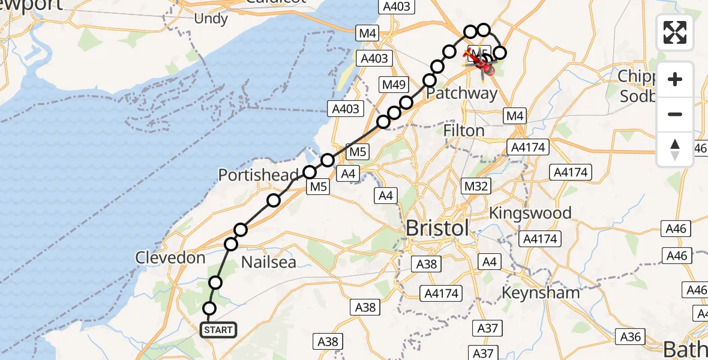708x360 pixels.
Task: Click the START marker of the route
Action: (x=218, y=330)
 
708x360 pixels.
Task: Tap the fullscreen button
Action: (x=675, y=32)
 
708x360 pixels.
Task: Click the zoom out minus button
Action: (x=675, y=114)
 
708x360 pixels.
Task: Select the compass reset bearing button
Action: (x=675, y=149)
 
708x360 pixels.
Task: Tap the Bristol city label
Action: (x=437, y=229)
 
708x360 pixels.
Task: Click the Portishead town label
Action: (x=258, y=175)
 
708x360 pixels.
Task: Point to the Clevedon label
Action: (x=170, y=258)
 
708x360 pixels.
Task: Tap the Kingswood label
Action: (x=530, y=213)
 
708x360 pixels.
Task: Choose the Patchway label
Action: (x=461, y=94)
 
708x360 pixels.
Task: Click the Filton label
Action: (x=464, y=130)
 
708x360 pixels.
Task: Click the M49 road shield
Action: (x=394, y=85)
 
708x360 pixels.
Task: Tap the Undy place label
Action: (x=211, y=19)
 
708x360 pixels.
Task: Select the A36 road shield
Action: (x=630, y=337)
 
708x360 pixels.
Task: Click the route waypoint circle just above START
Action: (x=209, y=308)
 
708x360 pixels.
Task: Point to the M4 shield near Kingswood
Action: (x=515, y=115)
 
